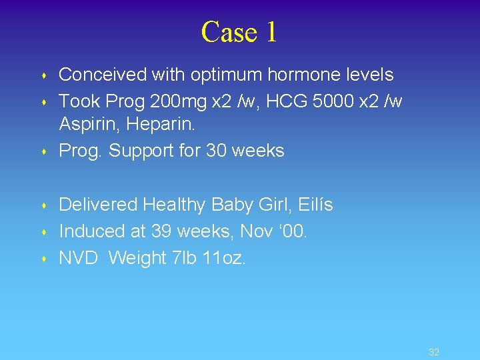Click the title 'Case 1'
pyautogui.click(x=239, y=32)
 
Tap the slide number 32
pyautogui.click(x=434, y=352)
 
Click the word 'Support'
pyautogui.click(x=142, y=151)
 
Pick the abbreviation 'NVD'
pyautogui.click(x=77, y=258)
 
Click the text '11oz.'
pyautogui.click(x=224, y=258)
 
